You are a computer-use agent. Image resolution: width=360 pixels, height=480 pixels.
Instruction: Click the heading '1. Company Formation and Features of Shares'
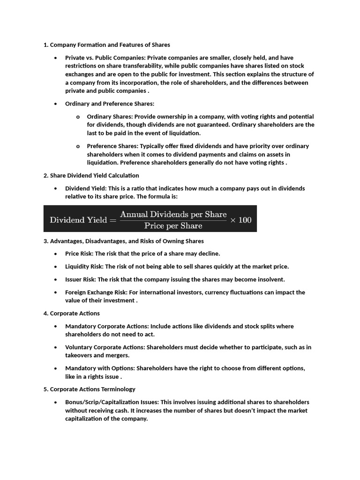pos(106,45)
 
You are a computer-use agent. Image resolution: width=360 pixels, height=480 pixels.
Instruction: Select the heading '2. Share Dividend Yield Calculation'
pos(91,175)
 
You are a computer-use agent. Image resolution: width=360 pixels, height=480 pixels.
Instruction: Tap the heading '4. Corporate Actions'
pos(71,313)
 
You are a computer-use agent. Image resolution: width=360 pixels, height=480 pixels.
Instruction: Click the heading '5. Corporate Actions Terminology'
pos(89,389)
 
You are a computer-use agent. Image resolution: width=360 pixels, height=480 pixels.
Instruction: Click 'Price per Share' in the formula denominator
pos(173,225)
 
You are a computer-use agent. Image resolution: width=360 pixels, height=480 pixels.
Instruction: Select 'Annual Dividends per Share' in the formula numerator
pos(173,214)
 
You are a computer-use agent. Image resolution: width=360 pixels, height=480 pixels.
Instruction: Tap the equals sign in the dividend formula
pos(112,220)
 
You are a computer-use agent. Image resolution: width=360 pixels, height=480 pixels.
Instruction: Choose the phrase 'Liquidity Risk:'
pos(84,267)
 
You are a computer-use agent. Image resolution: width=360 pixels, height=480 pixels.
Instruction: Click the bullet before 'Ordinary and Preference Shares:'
pos(55,104)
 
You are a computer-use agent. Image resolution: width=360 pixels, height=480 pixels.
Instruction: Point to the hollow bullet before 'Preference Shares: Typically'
pos(77,146)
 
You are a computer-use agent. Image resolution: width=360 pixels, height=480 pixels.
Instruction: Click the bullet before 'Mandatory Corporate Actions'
pos(55,326)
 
